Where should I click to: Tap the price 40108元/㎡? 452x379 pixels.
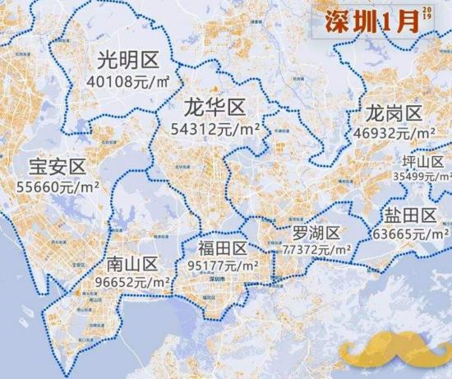click(128, 81)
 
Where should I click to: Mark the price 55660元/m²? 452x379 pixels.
click(58, 187)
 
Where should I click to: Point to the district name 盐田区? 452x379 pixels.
click(408, 216)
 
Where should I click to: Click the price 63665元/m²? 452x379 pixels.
click(409, 233)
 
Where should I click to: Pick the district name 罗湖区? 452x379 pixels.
click(316, 232)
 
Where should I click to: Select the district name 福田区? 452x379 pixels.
click(222, 248)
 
